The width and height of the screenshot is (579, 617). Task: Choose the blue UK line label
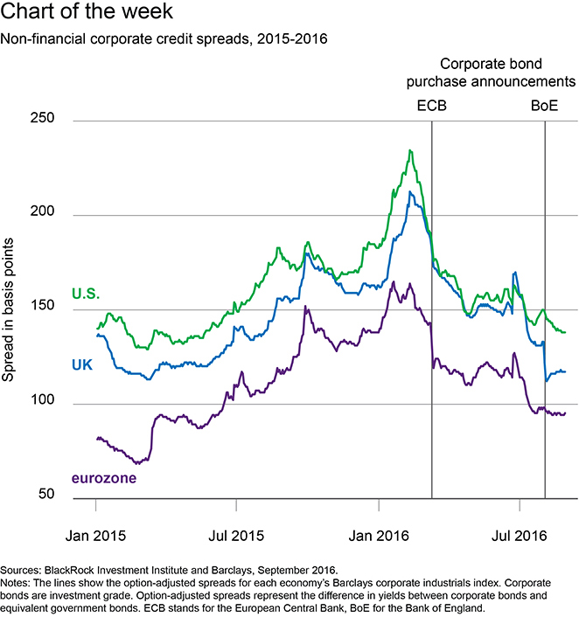click(83, 363)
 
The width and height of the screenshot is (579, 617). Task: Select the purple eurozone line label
click(103, 479)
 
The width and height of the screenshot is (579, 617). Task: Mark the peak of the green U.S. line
click(410, 150)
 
